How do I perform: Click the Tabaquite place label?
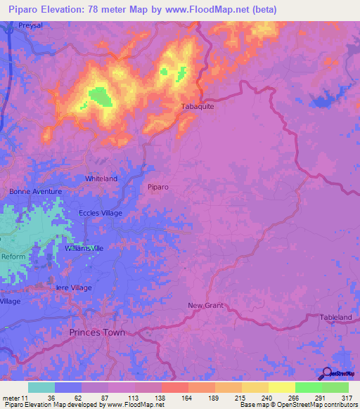point(198,107)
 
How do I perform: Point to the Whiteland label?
point(101,178)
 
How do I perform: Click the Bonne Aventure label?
point(36,191)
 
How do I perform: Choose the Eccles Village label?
point(101,213)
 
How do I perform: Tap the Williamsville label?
point(84,249)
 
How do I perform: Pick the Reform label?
point(13,257)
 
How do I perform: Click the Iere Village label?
point(74,288)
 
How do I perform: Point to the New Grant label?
point(205,305)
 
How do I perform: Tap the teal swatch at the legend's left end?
point(41,387)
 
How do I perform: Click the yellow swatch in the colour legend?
point(281,387)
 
